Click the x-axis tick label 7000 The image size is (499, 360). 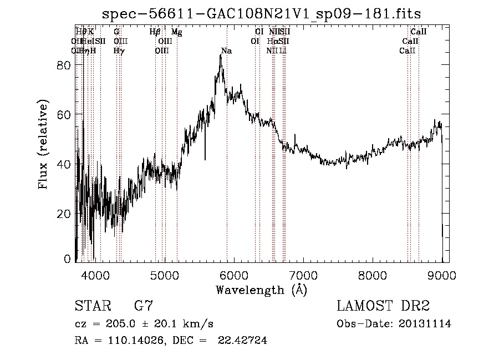[303, 275]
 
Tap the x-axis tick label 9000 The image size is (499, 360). [442, 275]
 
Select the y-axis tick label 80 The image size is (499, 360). [64, 65]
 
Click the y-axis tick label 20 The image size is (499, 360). [64, 214]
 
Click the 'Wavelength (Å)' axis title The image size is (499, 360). [261, 290]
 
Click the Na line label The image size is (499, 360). [226, 51]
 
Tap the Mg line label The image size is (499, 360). [177, 32]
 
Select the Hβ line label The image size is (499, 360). [155, 32]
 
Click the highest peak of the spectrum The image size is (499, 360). [221, 55]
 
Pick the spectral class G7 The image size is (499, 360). [144, 306]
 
